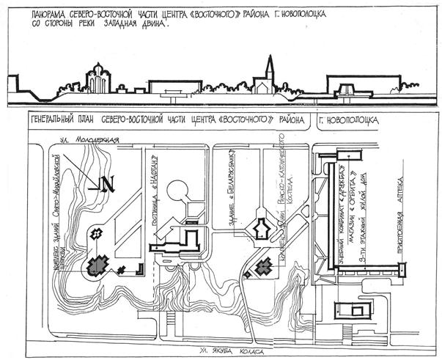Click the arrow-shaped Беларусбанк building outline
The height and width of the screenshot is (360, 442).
(259, 229)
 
